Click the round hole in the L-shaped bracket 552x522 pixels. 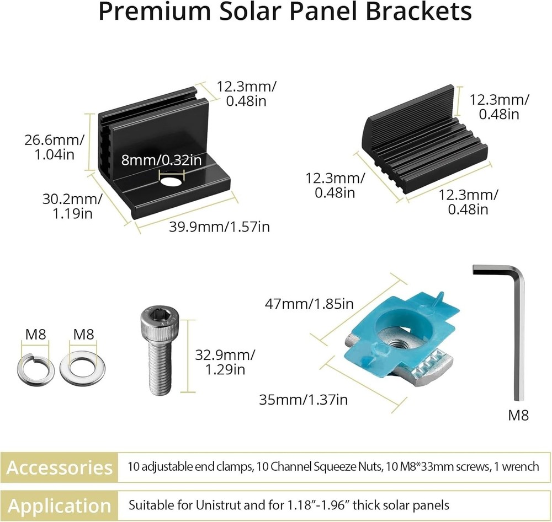tap(171, 182)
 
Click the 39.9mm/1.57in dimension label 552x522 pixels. tap(219, 227)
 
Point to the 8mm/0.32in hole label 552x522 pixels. tap(161, 160)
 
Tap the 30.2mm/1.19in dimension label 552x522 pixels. tap(71, 206)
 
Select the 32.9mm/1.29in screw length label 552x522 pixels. tap(225, 362)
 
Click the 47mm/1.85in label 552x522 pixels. tap(310, 304)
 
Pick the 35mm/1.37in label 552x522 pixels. tap(303, 399)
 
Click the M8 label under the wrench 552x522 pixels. tap(517, 415)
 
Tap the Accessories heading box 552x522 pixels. tap(60, 467)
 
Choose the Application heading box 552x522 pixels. tap(60, 505)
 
